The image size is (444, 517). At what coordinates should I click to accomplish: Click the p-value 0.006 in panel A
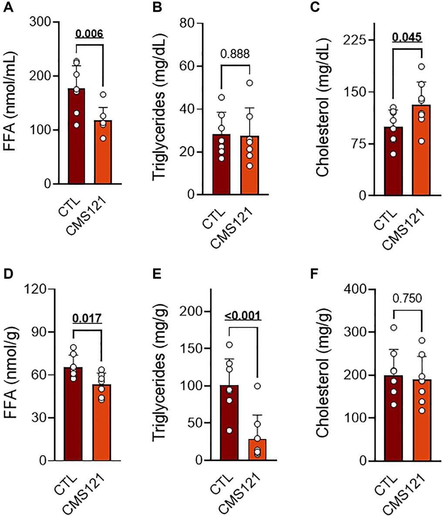(x=89, y=34)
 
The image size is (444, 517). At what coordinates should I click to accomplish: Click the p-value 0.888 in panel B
(x=235, y=54)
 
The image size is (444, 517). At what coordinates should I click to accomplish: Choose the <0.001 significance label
(x=243, y=315)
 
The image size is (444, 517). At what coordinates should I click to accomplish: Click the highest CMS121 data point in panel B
(x=249, y=83)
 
